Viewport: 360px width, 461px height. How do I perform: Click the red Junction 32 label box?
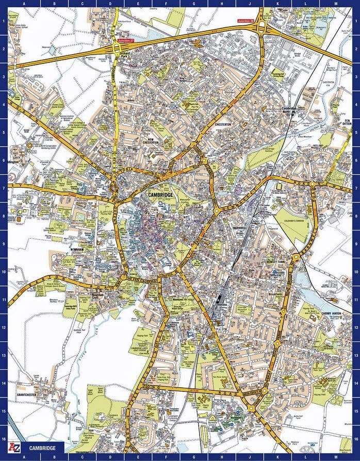point(125,40)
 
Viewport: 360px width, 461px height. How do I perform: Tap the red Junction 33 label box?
point(246,21)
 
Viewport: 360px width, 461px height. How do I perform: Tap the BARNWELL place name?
point(241,226)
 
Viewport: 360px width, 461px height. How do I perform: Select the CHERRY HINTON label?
point(332,313)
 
